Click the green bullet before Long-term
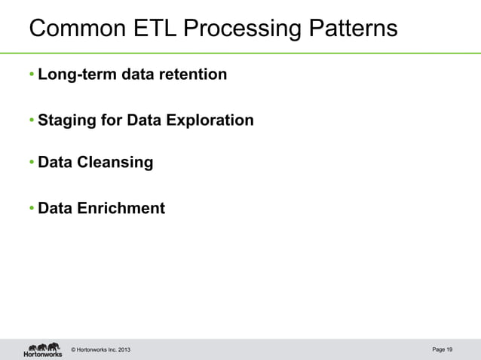[32, 75]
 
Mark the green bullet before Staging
[32, 121]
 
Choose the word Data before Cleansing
[55, 163]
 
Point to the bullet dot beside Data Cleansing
[32, 163]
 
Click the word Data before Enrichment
[55, 208]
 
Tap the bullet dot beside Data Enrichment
[32, 208]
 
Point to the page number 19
[449, 349]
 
